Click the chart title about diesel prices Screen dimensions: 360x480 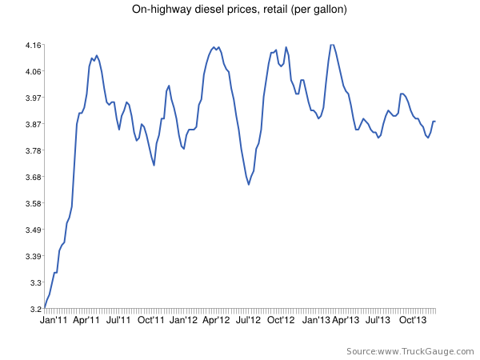pos(240,10)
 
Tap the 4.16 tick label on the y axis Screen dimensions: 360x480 pos(34,45)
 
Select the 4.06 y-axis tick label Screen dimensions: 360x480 pos(34,71)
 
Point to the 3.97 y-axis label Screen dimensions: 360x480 pos(34,98)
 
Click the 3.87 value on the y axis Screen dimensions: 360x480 pos(34,124)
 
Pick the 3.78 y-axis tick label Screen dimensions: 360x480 pos(34,150)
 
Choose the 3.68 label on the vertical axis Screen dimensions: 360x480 pos(34,177)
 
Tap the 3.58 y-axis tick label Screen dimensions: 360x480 pos(34,203)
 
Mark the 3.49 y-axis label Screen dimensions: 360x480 pos(34,230)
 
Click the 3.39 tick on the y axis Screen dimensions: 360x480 pos(34,256)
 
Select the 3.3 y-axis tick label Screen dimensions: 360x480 pos(36,282)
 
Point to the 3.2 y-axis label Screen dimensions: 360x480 pos(36,309)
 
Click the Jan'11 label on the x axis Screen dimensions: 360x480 pos(54,320)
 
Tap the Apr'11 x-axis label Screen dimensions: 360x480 pos(86,320)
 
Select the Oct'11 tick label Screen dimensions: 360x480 pos(151,320)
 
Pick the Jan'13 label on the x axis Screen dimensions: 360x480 pos(314,320)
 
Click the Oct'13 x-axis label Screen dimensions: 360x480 pos(412,320)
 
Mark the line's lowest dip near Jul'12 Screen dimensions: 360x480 pos(249,185)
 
